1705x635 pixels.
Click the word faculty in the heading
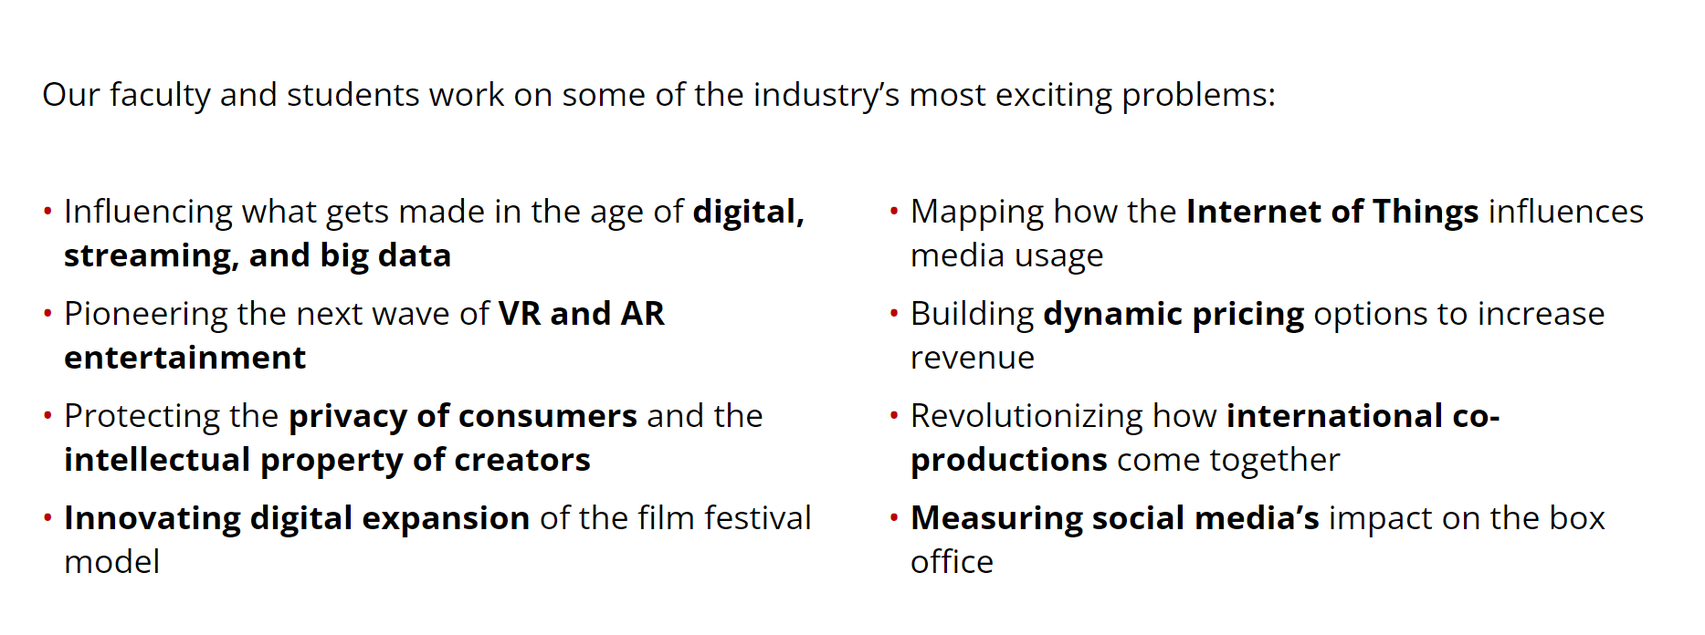pos(160,96)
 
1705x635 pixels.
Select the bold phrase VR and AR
pos(582,314)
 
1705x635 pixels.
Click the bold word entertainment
pos(185,358)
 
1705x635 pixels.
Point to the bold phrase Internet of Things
pos(1332,212)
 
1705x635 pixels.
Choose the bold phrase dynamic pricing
pos(1174,315)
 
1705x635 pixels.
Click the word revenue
pos(973,359)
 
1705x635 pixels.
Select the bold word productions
pos(1009,461)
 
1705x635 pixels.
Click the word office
pos(952,562)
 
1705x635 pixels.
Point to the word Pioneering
pos(146,315)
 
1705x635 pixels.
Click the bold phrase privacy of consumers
pos(463,417)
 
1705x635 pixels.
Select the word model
pos(112,562)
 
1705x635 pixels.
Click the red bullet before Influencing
pos(47,213)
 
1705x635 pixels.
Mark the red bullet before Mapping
pos(894,213)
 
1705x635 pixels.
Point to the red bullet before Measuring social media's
pos(894,519)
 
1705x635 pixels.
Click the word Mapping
pos(977,213)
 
